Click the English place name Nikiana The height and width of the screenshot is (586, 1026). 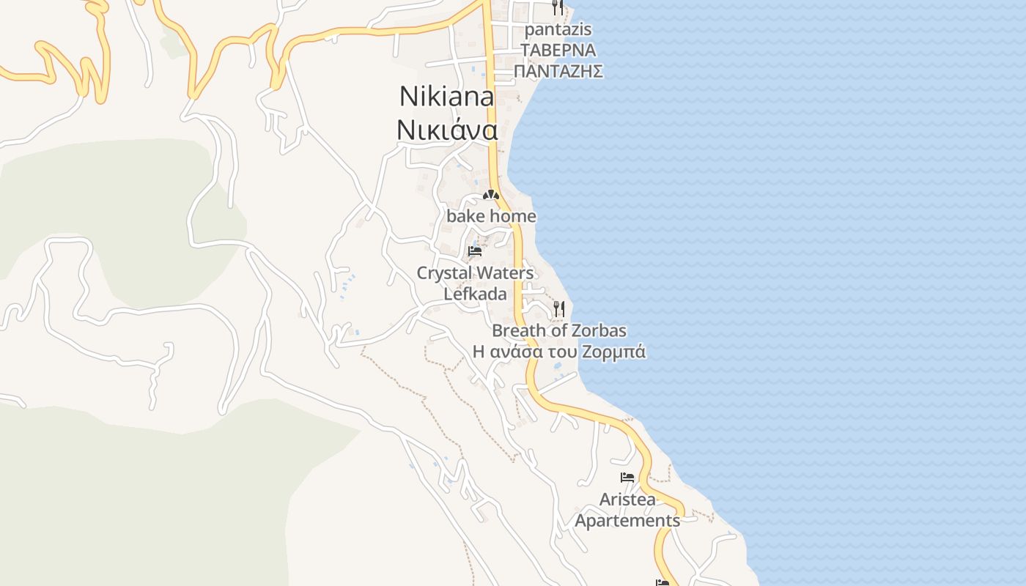(446, 97)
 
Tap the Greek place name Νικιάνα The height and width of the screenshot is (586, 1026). (447, 130)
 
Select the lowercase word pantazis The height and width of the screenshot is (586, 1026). (558, 30)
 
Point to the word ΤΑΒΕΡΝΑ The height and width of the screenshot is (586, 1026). (558, 51)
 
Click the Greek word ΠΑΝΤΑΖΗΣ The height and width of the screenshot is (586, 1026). (558, 71)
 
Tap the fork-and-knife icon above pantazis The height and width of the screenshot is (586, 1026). (558, 7)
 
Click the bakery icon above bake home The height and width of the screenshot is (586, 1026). (491, 195)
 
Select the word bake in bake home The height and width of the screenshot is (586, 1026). (466, 217)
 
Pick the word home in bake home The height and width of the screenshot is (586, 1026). (513, 217)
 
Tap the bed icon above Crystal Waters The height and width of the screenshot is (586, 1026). (475, 251)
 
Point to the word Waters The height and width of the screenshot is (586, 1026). (505, 273)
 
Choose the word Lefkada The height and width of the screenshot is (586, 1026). (476, 294)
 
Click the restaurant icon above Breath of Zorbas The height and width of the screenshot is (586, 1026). (559, 308)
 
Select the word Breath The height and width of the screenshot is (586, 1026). (518, 331)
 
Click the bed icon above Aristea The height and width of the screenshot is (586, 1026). (627, 478)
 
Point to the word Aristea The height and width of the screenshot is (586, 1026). (627, 500)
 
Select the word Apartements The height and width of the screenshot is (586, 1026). (627, 521)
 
